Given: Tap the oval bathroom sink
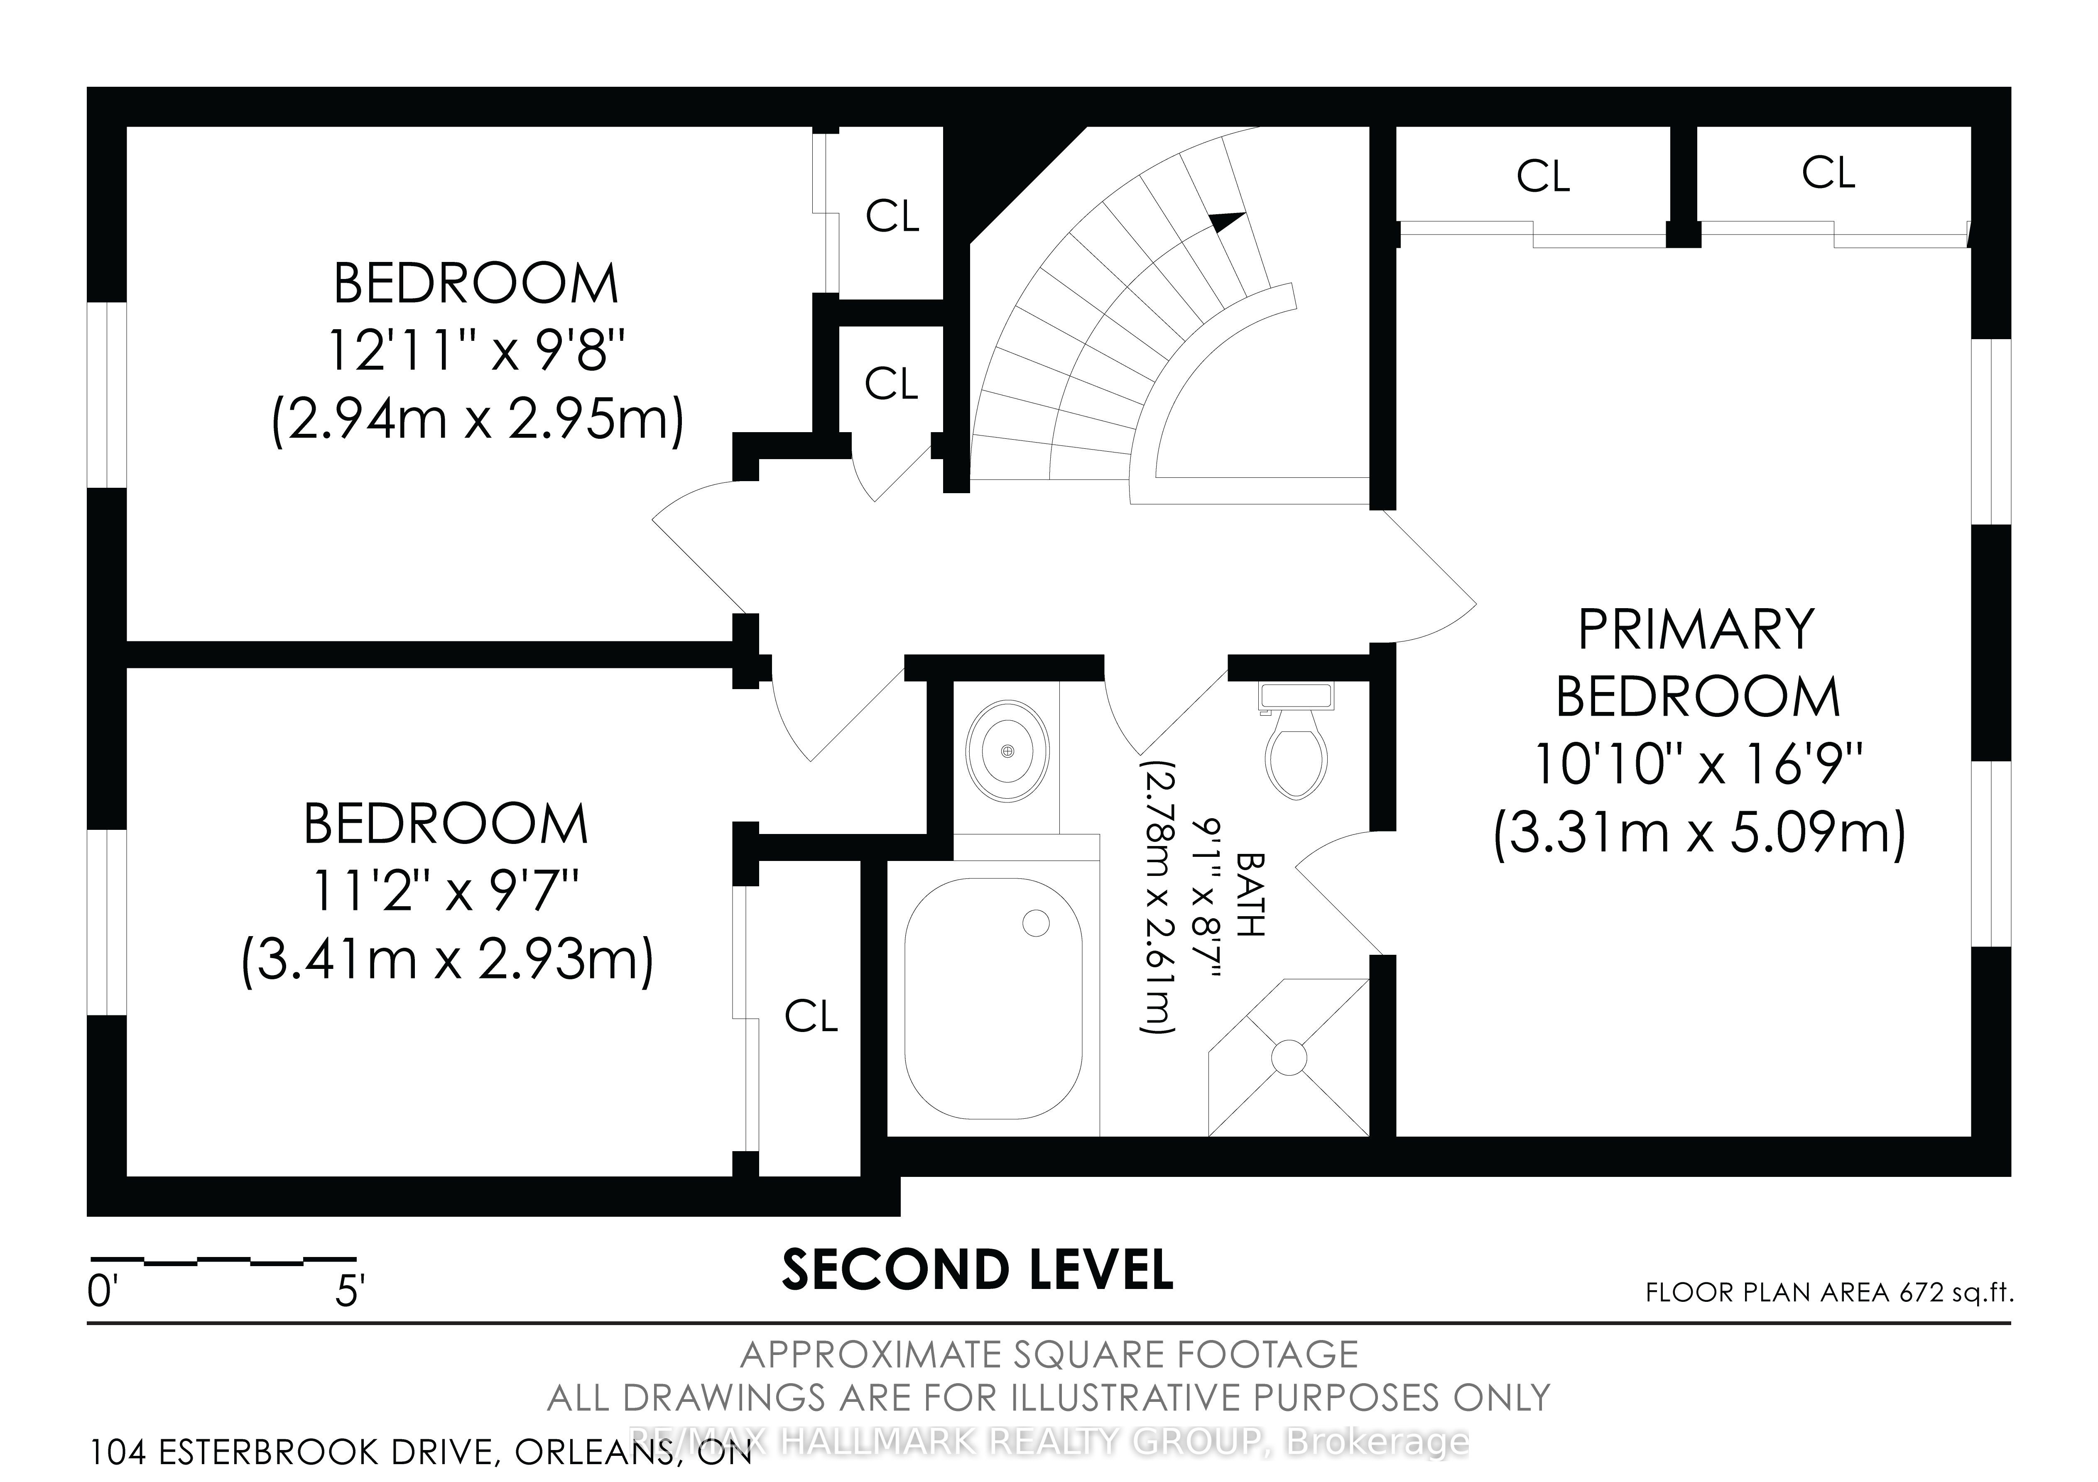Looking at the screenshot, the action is [x=1007, y=751].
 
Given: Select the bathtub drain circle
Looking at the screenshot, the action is [x=1035, y=923].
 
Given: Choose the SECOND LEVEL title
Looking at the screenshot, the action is [x=978, y=1270].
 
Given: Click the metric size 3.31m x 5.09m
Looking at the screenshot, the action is [x=1700, y=833].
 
